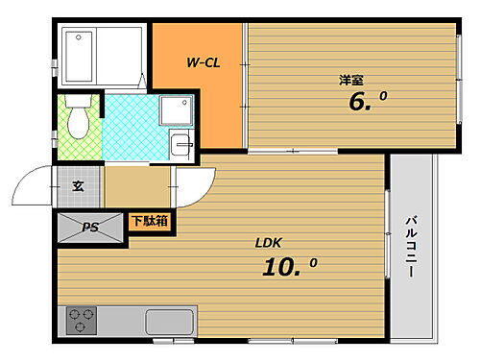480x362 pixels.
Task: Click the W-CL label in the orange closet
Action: pyautogui.click(x=203, y=63)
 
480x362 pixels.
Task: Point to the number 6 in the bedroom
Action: pyautogui.click(x=359, y=103)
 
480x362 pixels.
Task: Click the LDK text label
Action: pyautogui.click(x=267, y=242)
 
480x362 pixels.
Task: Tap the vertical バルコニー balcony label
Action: pyautogui.click(x=409, y=245)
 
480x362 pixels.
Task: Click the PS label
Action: pyautogui.click(x=90, y=228)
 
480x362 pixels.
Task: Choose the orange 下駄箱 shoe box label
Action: pyautogui.click(x=149, y=221)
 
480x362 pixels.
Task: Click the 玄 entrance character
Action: pyautogui.click(x=78, y=186)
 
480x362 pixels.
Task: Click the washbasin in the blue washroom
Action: pyautogui.click(x=180, y=145)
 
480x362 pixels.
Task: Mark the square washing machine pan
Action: pyautogui.click(x=174, y=112)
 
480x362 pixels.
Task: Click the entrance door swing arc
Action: pyautogui.click(x=36, y=182)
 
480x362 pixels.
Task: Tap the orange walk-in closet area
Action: pyautogui.click(x=203, y=106)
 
